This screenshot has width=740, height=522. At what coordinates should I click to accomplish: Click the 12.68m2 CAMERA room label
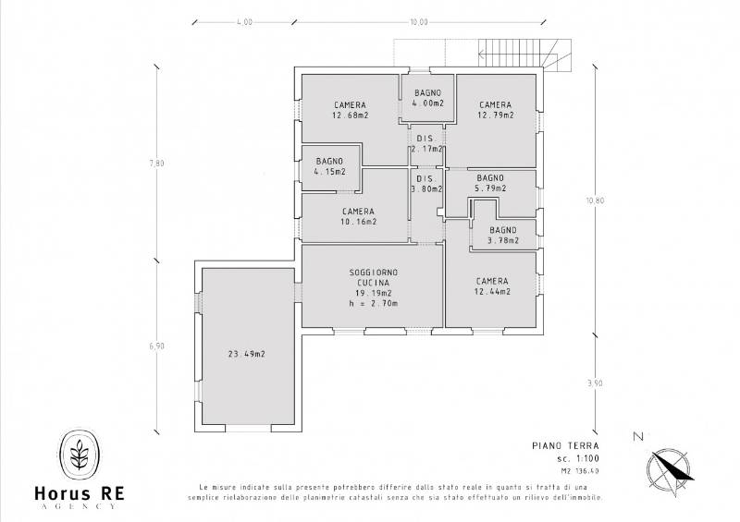point(351,110)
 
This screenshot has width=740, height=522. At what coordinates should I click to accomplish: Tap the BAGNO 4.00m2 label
point(427,98)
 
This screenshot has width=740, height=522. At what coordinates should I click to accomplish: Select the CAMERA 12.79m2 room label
point(495,110)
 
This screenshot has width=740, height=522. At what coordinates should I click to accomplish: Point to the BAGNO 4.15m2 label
point(329,166)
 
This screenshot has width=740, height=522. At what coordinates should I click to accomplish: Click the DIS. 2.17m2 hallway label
point(426,144)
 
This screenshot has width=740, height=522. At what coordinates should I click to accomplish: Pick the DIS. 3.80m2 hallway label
point(426,184)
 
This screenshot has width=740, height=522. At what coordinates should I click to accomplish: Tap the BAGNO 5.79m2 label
point(490,183)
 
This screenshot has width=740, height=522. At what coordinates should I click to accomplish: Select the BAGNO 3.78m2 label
point(503,236)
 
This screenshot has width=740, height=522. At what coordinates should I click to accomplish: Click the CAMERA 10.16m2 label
point(358,216)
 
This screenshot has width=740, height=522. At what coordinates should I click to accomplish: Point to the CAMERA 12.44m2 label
point(492,286)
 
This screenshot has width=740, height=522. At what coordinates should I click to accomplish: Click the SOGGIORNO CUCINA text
point(373,277)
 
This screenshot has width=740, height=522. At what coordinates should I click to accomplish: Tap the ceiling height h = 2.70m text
point(374,304)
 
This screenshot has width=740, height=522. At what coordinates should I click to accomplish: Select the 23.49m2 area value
point(246,354)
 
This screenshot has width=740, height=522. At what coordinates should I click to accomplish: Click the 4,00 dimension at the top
point(244,22)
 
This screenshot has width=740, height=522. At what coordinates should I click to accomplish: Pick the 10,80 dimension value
point(595,200)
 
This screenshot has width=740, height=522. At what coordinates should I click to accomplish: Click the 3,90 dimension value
point(595,382)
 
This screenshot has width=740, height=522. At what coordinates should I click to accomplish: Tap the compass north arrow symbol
point(670,468)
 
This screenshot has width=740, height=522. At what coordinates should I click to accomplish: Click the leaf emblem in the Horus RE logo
point(80,455)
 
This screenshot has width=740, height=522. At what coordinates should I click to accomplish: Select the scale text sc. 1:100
point(577,458)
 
